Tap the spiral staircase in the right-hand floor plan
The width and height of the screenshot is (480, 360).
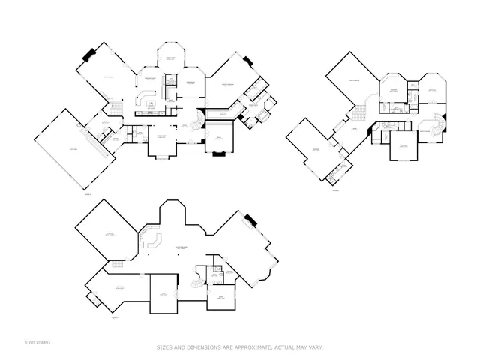434,124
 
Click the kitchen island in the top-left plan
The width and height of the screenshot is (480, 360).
151,103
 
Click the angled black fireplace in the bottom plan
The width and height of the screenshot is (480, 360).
250,220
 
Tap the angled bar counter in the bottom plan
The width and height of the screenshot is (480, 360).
155,241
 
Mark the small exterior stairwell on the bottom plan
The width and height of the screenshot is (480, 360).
94,298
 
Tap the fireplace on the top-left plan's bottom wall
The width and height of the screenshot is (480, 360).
218,154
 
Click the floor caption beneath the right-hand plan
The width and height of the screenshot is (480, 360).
335,190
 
